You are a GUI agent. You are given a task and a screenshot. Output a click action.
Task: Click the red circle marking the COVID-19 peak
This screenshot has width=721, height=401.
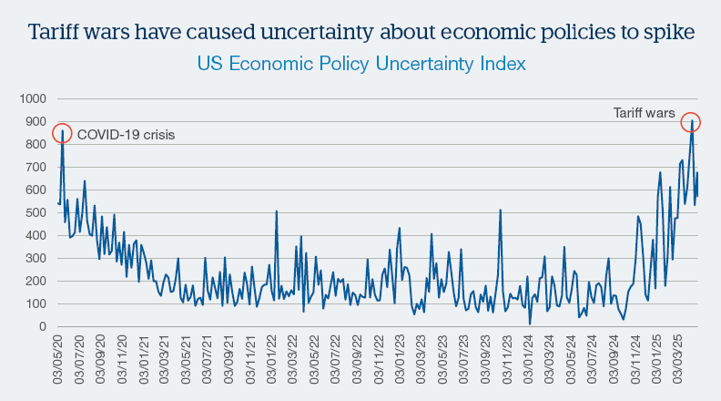62,134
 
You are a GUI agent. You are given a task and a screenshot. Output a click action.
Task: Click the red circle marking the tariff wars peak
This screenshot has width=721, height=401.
691,123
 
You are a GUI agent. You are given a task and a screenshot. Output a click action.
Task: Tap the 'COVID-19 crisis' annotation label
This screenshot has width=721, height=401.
126,135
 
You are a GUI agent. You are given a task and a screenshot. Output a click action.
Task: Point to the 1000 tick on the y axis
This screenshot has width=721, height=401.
32,98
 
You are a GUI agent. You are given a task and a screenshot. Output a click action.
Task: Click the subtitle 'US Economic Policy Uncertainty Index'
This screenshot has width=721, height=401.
360,66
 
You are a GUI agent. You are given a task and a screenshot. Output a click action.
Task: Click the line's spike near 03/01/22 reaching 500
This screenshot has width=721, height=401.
277,211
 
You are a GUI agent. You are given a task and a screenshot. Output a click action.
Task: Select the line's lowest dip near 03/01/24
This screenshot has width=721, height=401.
530,324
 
